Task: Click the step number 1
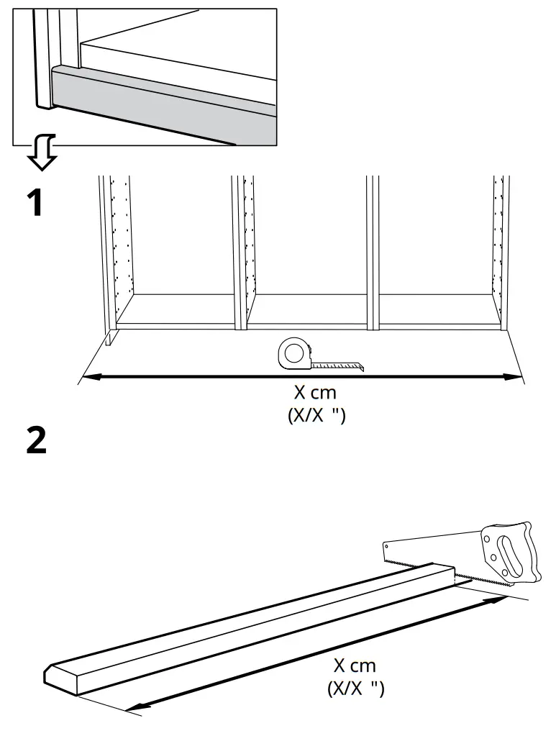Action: click(35, 204)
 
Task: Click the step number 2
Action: click(36, 440)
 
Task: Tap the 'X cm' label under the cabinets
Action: click(314, 394)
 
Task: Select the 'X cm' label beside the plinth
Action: click(355, 666)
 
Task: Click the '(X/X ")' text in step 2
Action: click(356, 689)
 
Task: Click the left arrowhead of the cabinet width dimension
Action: click(86, 376)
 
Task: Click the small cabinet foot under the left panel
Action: click(109, 337)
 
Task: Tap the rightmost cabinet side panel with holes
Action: click(498, 245)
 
